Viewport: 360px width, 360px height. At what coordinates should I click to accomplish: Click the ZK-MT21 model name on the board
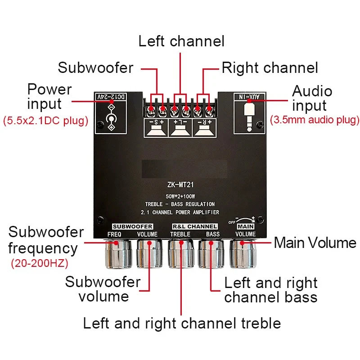tap(180, 184)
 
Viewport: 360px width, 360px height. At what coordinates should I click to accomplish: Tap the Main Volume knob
tap(243, 254)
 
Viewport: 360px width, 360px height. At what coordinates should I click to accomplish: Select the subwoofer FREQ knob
tap(118, 254)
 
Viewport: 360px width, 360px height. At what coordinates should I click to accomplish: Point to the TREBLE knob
tap(181, 254)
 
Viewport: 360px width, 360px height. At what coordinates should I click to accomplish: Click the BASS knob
tap(211, 254)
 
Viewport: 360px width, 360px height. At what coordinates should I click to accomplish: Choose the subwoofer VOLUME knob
tap(149, 254)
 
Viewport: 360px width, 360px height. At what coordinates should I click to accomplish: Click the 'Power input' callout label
tap(49, 96)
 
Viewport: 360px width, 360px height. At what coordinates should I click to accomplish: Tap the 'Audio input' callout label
tap(312, 98)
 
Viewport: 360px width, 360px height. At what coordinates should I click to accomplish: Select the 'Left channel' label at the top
tap(181, 41)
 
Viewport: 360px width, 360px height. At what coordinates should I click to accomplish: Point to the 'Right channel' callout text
tap(270, 68)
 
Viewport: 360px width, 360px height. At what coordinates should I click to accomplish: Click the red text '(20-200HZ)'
tap(40, 263)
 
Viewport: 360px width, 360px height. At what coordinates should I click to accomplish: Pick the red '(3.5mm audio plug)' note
tap(315, 120)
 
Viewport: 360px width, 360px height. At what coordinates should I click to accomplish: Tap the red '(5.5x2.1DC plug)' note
tap(46, 121)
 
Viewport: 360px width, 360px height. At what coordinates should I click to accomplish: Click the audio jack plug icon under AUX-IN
tap(250, 117)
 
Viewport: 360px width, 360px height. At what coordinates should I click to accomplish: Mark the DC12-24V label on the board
tap(111, 97)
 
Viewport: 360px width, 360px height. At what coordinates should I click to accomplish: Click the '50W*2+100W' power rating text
tap(180, 196)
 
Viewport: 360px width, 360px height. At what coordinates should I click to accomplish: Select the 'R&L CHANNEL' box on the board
tap(195, 227)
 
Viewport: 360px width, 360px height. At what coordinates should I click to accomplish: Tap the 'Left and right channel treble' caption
tap(182, 323)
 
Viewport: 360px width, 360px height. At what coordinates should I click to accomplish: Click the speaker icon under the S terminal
tap(156, 131)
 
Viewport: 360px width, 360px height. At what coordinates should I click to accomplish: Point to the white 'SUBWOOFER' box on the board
tap(132, 227)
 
